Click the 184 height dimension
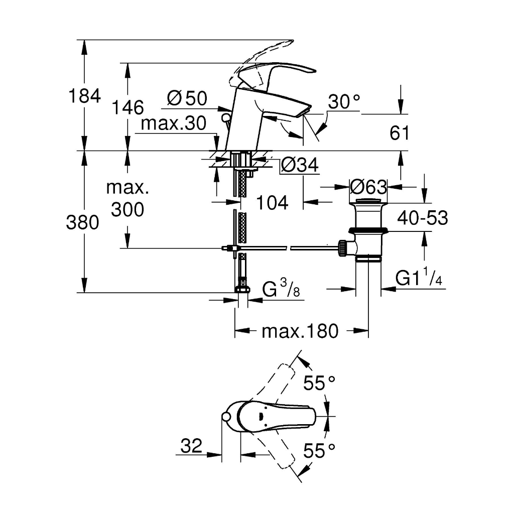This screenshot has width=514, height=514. (84, 96)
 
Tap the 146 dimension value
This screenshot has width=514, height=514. (128, 107)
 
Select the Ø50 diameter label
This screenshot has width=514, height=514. (187, 98)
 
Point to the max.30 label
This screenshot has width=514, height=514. (174, 123)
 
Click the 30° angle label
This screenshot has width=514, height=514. (344, 101)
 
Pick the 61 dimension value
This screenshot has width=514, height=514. (400, 133)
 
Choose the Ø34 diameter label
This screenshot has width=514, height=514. (300, 165)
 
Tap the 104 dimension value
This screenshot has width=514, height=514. (272, 203)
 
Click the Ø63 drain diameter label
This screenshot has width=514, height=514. (368, 187)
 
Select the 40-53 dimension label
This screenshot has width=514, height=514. (423, 217)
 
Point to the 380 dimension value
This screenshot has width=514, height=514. (83, 222)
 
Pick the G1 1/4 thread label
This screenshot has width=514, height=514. (419, 277)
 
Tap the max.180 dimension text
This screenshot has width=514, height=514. (300, 331)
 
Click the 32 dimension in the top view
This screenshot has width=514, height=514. (191, 446)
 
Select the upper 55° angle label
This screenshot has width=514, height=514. (319, 382)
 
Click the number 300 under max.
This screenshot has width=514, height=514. (127, 209)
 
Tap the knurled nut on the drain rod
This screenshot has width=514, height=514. (342, 248)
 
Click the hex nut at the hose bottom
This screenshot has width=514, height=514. (242, 289)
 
